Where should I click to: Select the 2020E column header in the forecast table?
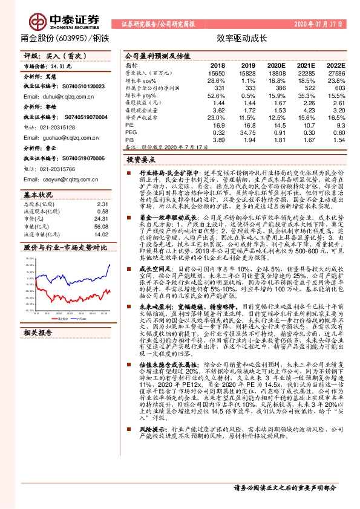[276, 65]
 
